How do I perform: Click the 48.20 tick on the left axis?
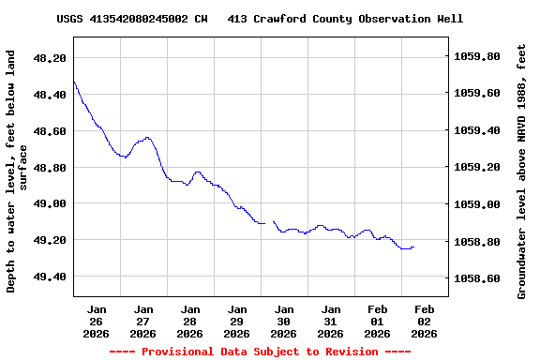(x=50, y=58)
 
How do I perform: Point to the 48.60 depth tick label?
(x=50, y=131)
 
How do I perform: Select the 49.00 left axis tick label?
(x=50, y=203)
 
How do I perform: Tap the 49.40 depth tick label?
(x=50, y=277)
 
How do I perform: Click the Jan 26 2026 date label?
(x=97, y=321)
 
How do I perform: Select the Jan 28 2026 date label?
(x=190, y=321)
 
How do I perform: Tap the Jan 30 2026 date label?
(x=284, y=321)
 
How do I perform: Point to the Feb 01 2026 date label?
(x=378, y=321)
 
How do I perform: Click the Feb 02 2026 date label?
(x=425, y=321)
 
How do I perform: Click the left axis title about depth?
(x=17, y=172)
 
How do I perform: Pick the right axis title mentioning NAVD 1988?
(x=522, y=172)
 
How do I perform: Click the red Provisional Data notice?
(x=260, y=352)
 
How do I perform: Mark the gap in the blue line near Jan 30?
(x=269, y=223)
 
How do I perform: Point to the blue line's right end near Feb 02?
(x=413, y=247)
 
